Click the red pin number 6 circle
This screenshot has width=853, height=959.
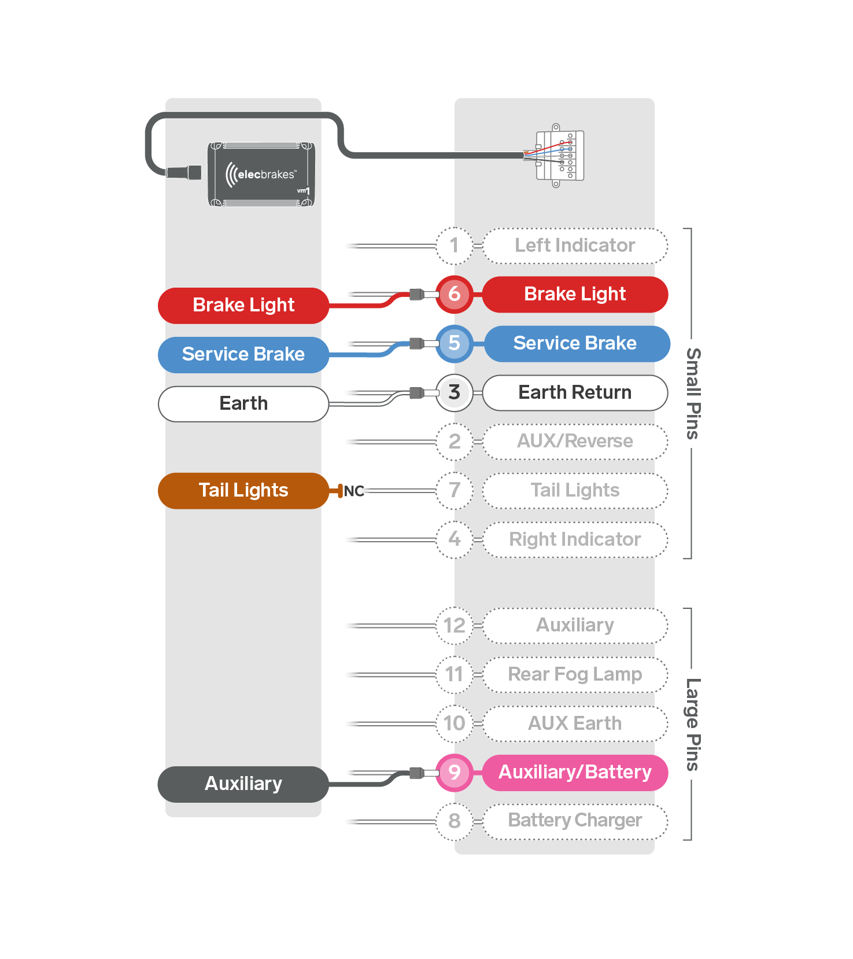click(x=455, y=295)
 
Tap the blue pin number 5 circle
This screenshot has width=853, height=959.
click(x=455, y=344)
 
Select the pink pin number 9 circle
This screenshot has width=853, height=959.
click(x=455, y=773)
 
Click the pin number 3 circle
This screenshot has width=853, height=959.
click(x=455, y=393)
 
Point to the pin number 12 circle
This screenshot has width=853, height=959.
click(x=455, y=626)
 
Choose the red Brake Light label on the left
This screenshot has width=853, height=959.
click(x=243, y=306)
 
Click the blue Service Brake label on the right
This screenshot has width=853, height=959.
click(x=577, y=344)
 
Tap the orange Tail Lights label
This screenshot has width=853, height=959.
click(x=243, y=491)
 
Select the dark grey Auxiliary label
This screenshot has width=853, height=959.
click(x=243, y=784)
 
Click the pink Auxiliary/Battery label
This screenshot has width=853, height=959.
click(x=575, y=773)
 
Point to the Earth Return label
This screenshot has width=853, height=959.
click(x=575, y=393)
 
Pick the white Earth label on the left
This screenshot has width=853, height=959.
click(x=243, y=404)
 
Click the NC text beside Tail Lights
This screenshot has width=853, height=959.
click(x=354, y=491)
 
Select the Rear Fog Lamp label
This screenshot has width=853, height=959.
click(x=575, y=675)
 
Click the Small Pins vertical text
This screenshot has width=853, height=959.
click(x=693, y=394)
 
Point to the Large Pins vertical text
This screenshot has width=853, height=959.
click(x=693, y=724)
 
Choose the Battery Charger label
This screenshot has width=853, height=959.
click(x=575, y=821)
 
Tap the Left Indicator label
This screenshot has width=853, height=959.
click(x=575, y=246)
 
